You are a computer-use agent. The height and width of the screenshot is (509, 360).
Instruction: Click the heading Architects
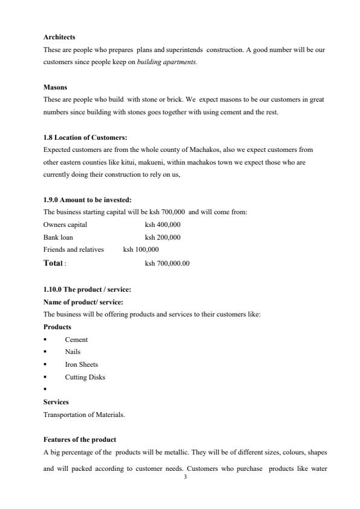[59, 38]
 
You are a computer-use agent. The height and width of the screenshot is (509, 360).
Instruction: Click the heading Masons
[55, 87]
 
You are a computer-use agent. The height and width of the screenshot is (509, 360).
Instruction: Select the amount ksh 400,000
[163, 225]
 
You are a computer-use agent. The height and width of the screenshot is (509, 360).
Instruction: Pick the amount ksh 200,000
[163, 237]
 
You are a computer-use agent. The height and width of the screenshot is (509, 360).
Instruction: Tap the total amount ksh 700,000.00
[167, 263]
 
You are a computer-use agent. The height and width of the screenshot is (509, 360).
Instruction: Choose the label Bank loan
[58, 237]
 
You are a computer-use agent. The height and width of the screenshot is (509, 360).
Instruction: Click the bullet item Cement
[76, 340]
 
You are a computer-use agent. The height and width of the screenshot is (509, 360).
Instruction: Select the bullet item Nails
[73, 352]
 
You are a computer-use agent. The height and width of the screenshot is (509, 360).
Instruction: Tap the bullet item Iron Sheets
[81, 364]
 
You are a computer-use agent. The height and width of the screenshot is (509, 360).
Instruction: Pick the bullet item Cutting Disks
[85, 377]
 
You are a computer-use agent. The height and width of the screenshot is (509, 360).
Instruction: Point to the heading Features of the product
[80, 439]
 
